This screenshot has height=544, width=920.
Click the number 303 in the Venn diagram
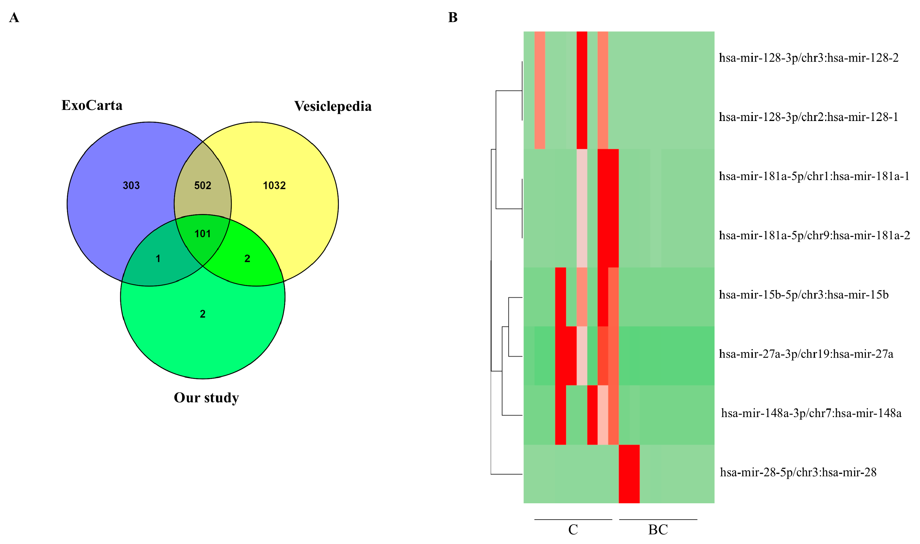[x=131, y=185]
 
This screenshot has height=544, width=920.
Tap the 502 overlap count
[x=203, y=185]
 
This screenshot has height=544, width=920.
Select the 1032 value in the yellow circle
[x=274, y=185]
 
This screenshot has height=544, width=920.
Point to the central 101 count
[x=203, y=234]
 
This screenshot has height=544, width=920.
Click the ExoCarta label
[x=92, y=106]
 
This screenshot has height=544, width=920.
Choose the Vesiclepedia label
[x=333, y=106]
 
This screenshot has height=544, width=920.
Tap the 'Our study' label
[x=206, y=398]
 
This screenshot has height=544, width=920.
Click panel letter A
[x=14, y=18]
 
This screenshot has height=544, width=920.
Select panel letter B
[x=453, y=18]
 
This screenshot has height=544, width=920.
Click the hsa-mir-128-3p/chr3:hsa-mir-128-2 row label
[x=808, y=58]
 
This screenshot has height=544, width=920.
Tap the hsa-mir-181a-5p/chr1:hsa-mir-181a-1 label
[x=814, y=176]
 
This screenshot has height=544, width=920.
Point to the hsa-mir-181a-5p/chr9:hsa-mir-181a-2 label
[x=814, y=235]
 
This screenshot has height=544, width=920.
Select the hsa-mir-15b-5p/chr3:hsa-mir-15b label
[x=803, y=295]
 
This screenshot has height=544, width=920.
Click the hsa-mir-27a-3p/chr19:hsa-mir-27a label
[x=806, y=354]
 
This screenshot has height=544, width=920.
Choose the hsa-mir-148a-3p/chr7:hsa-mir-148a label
[x=811, y=413]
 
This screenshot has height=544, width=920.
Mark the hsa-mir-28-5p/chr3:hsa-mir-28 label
[x=798, y=473]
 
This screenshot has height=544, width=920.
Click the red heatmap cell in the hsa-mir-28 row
[x=629, y=474]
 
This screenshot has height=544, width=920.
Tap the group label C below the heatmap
[x=573, y=530]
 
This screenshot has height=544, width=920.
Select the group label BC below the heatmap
[x=658, y=530]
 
